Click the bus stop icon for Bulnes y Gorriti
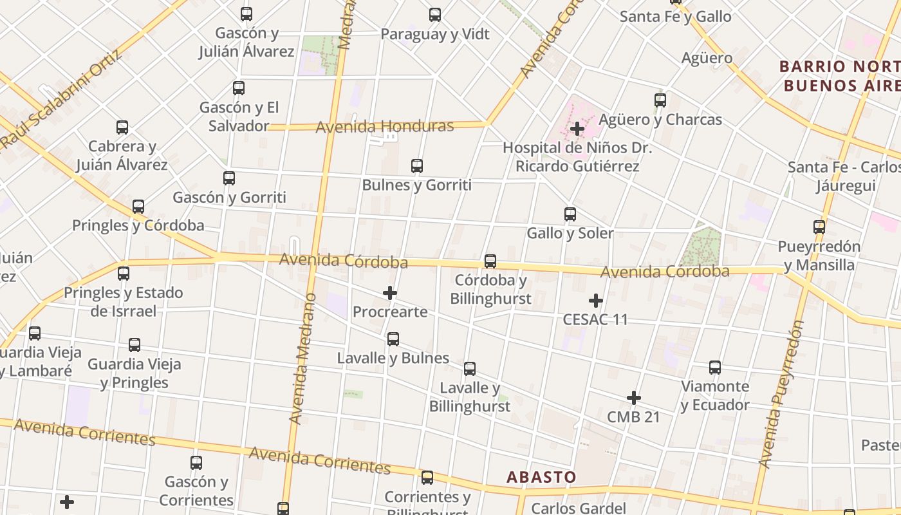(417, 166)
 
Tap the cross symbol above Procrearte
(390, 294)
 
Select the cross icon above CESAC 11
(596, 301)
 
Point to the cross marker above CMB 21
(634, 398)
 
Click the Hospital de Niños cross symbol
(577, 129)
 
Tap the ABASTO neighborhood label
(541, 477)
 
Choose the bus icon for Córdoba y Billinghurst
(490, 261)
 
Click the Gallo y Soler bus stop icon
(570, 214)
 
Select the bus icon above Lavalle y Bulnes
(393, 339)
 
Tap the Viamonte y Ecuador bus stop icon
(715, 368)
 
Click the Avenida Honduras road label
(384, 126)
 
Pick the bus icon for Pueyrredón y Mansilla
(819, 227)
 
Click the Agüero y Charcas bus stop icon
(660, 100)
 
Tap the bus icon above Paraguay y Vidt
(435, 15)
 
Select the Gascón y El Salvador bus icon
(239, 88)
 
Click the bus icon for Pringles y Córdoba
(138, 207)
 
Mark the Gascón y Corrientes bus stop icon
(196, 463)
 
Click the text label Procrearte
(390, 312)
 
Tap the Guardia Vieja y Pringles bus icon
(135, 345)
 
